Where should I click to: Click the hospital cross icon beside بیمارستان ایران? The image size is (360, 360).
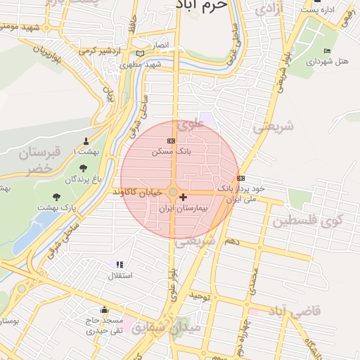pyautogui.click(x=184, y=198)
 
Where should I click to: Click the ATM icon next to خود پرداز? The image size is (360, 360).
pyautogui.click(x=241, y=178)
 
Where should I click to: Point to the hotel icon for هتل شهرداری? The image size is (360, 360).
pyautogui.click(x=327, y=51)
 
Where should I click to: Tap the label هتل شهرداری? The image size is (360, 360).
pyautogui.click(x=328, y=62)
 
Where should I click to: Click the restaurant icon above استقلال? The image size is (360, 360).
pyautogui.click(x=120, y=264)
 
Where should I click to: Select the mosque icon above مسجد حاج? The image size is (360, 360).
pyautogui.click(x=105, y=309)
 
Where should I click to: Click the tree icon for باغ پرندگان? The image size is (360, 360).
pyautogui.click(x=84, y=168)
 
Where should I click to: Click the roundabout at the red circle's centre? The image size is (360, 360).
pyautogui.click(x=173, y=191)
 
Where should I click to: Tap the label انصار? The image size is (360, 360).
pyautogui.click(x=162, y=45)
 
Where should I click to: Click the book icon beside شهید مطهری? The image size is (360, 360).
pyautogui.click(x=140, y=53)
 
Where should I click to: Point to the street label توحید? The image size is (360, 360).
pyautogui.click(x=200, y=297)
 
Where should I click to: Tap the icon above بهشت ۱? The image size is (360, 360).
pyautogui.click(x=86, y=140)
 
